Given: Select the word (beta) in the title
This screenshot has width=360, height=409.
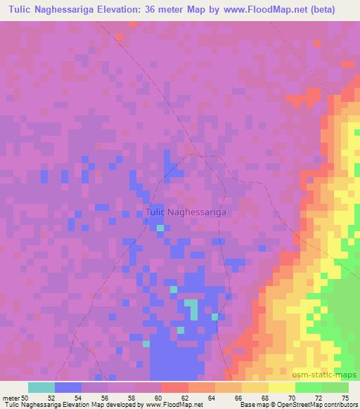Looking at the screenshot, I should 320,9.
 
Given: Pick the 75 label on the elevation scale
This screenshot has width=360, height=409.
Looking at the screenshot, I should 344,398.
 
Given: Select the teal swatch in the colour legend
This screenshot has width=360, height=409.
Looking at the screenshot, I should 41,387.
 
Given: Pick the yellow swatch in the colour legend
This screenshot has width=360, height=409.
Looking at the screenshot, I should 282,387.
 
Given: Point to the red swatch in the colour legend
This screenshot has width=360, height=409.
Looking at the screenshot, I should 175,387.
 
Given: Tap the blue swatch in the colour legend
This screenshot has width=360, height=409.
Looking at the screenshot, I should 68,387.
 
